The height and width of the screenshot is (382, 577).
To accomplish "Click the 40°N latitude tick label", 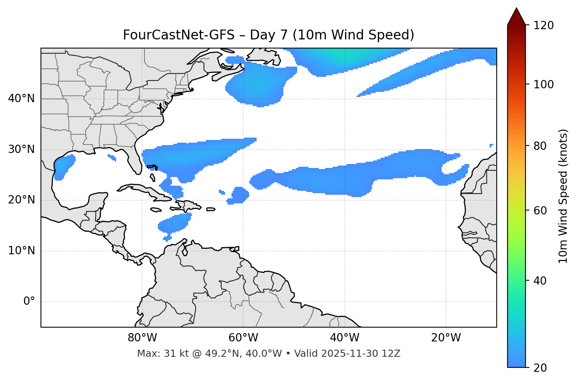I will point(21,99).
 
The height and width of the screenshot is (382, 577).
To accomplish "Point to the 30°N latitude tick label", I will point(21,149).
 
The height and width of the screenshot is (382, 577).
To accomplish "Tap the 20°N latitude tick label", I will point(21,200).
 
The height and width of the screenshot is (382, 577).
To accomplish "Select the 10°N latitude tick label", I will point(21,251).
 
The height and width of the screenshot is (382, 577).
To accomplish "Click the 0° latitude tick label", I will point(29,302).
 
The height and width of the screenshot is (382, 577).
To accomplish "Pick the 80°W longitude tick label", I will point(142,338).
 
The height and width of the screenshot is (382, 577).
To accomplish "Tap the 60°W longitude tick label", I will point(243,338).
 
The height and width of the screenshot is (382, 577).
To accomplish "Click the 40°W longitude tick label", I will point(344,338).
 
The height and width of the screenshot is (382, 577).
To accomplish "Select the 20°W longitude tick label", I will point(446,338).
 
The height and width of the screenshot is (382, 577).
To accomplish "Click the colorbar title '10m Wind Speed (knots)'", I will point(563,196).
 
